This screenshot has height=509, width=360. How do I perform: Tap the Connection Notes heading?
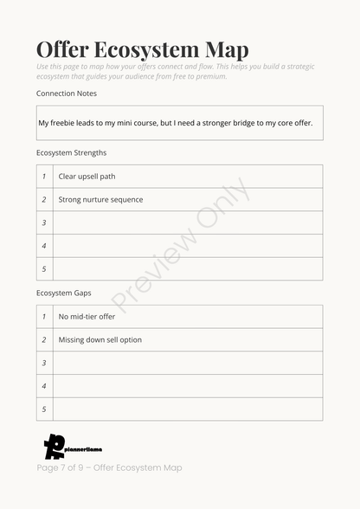coord(67,93)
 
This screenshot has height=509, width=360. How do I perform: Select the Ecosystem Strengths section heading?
coord(72,152)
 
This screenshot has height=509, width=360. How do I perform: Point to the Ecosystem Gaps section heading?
coord(63,293)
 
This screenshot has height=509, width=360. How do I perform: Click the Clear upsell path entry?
coord(87,177)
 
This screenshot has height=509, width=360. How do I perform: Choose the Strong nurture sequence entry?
coord(100,200)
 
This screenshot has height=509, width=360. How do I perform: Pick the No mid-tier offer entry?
coord(87,317)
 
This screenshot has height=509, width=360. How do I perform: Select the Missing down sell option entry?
coord(100,340)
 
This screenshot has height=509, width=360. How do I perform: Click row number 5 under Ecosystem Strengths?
coord(44,269)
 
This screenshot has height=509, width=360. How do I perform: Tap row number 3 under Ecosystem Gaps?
coord(44,363)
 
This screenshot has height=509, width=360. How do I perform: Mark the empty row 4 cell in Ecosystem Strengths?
coord(187,246)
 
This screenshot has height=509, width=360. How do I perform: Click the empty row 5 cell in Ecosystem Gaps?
coord(187,409)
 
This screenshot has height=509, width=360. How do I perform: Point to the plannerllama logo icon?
coord(55,446)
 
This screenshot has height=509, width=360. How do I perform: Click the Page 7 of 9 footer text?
coord(109,467)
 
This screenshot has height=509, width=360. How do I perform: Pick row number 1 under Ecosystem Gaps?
coord(44,317)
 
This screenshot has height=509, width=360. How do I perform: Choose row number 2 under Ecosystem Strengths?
coord(44,200)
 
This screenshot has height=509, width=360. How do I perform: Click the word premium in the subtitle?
coord(209,76)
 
